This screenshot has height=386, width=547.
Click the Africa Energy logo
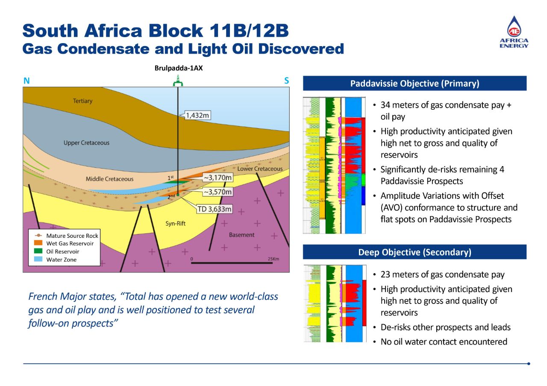(514, 32)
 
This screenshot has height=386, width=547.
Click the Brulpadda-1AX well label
(179, 68)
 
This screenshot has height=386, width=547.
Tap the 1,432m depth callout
(197, 115)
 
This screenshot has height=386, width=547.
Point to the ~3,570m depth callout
(218, 192)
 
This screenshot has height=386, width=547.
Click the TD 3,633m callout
(215, 209)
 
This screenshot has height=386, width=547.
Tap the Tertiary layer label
(82, 101)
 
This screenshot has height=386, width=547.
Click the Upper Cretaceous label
(86, 143)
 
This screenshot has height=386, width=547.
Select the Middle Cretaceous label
(109, 179)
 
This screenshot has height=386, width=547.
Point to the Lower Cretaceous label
(260, 169)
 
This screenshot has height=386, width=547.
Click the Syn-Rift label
(176, 223)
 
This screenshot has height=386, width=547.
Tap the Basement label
(241, 235)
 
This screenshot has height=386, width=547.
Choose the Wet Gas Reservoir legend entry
(70, 243)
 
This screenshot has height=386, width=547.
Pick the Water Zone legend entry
(61, 260)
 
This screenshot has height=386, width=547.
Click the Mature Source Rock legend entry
(72, 236)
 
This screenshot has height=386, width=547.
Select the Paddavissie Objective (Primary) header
(415, 84)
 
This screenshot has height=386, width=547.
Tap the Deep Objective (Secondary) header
(415, 252)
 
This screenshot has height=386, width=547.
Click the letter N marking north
(26, 81)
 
